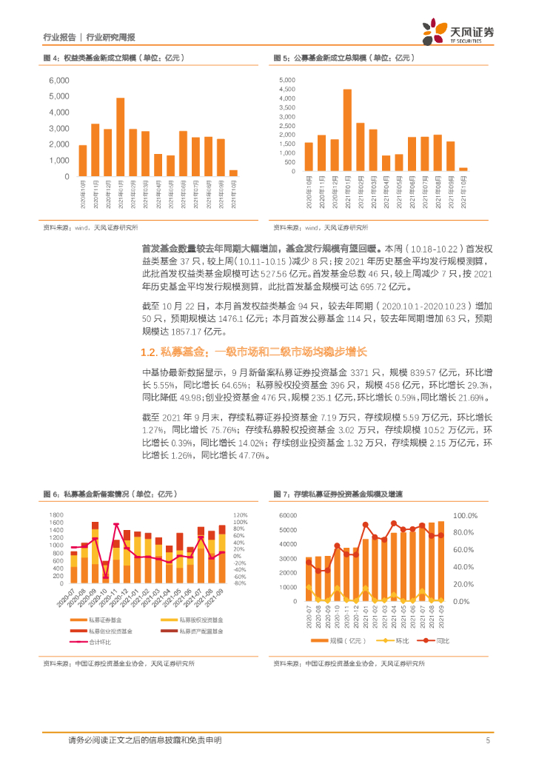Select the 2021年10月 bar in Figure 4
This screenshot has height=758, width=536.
233,173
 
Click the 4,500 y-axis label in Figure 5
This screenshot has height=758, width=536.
287,89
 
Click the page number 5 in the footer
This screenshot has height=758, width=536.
488,740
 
